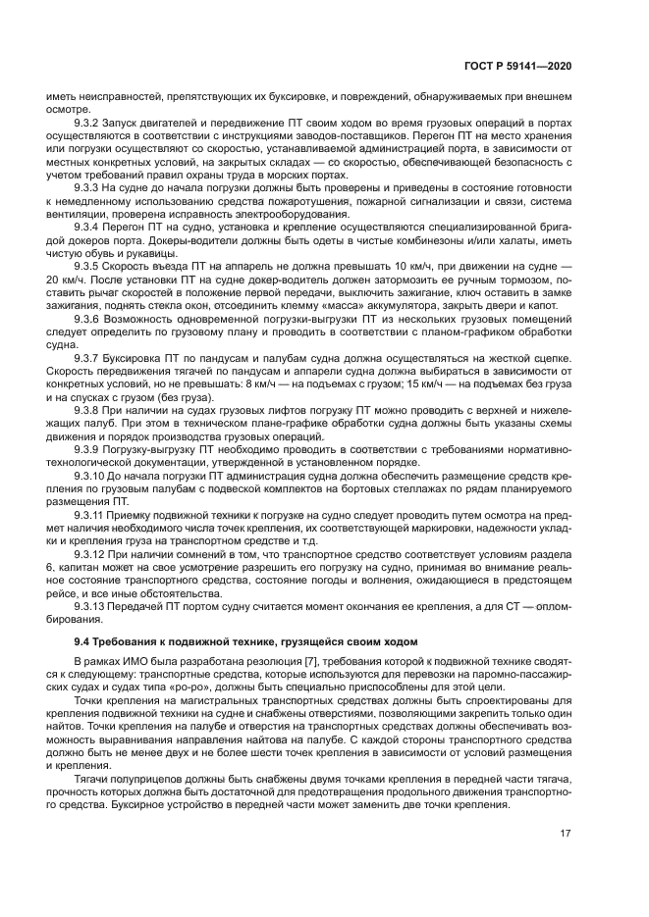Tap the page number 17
point(566,834)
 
